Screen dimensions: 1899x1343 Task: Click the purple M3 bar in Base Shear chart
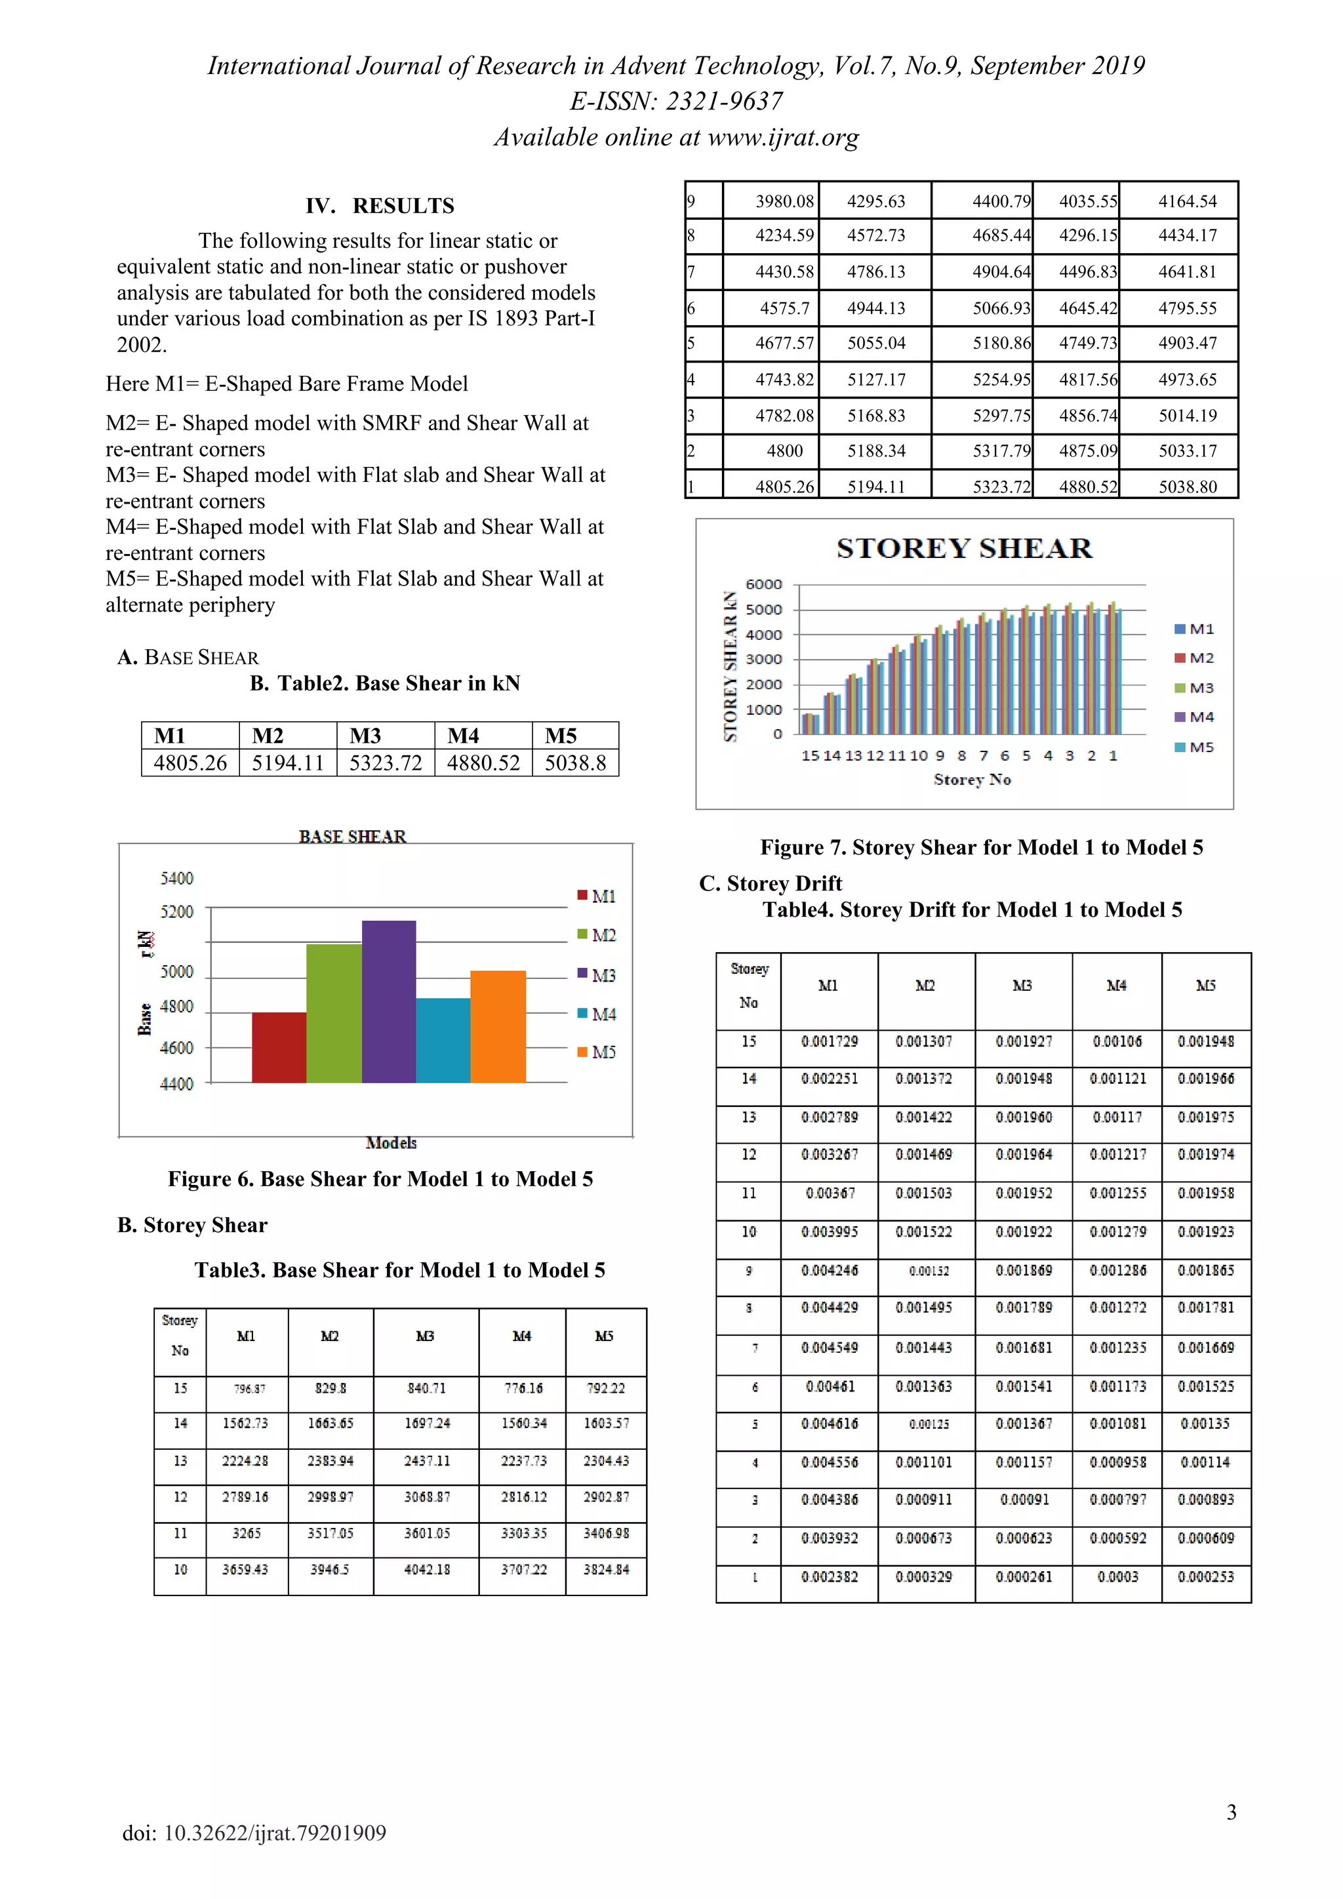point(389,1003)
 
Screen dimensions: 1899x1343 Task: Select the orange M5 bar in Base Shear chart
point(498,1028)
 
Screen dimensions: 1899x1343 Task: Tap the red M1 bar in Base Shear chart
point(279,1047)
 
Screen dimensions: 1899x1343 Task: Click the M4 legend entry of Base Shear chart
point(597,1014)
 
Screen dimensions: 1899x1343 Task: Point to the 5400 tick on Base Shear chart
point(176,879)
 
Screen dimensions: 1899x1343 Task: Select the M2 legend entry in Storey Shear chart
point(1194,658)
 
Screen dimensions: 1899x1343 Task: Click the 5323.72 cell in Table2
point(386,763)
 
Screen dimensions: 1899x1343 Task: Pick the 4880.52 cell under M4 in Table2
point(483,763)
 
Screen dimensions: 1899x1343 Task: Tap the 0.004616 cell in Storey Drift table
point(830,1424)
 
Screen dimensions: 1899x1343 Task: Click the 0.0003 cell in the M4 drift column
point(1117,1576)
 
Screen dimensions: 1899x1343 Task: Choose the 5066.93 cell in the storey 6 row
point(1001,308)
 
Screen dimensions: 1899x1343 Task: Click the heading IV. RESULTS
point(380,206)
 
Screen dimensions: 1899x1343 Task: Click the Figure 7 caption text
point(981,848)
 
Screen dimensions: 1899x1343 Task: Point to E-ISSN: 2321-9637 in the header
point(675,101)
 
